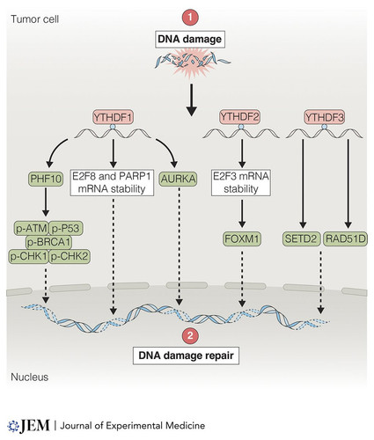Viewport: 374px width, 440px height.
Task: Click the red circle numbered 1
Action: (x=190, y=18)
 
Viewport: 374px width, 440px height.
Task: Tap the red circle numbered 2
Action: (x=190, y=335)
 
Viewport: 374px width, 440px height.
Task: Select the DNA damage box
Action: (x=190, y=39)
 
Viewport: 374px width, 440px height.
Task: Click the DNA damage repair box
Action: (x=186, y=356)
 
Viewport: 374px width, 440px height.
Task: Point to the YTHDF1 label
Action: (x=114, y=117)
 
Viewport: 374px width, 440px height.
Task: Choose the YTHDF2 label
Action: (x=240, y=117)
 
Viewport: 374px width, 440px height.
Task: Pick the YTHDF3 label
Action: (x=325, y=117)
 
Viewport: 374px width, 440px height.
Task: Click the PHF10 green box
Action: (x=46, y=179)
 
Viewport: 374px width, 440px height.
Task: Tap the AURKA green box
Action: (x=179, y=179)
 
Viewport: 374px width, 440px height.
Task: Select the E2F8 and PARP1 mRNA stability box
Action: (x=112, y=182)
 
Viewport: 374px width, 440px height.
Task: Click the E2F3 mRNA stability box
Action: (x=241, y=182)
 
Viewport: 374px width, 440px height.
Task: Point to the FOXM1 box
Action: (x=242, y=239)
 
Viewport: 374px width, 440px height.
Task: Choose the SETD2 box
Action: (x=301, y=239)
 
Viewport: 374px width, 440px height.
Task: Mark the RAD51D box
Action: (x=346, y=239)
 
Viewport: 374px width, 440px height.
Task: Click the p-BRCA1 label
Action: (x=48, y=242)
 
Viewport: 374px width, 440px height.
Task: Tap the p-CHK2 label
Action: (x=70, y=257)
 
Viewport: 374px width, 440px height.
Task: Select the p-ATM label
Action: (x=32, y=228)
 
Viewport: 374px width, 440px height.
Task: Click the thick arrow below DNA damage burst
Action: (x=191, y=100)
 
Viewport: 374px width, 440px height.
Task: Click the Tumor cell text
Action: (x=35, y=19)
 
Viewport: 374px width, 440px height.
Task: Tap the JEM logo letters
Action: (x=34, y=426)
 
